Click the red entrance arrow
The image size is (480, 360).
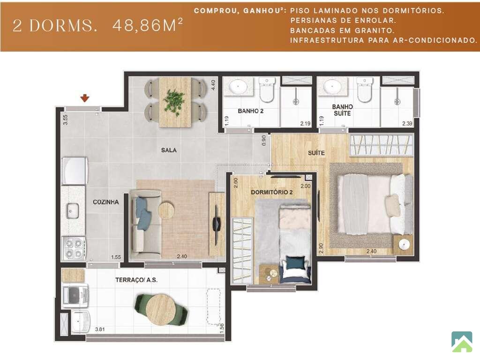point(85,98)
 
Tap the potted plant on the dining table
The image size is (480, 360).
point(174,102)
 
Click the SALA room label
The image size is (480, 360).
point(169,150)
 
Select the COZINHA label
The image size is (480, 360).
point(105,202)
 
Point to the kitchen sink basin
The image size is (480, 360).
point(73,211)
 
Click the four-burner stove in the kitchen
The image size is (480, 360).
point(74,248)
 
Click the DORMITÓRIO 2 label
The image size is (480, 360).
point(271,192)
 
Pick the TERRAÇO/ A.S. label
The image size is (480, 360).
point(136,280)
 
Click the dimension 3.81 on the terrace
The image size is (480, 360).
point(100,330)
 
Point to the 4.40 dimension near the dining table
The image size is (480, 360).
point(213,85)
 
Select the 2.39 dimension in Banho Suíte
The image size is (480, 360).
point(407,124)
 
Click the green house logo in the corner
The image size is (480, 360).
point(461,341)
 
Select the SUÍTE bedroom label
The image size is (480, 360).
point(316,152)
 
